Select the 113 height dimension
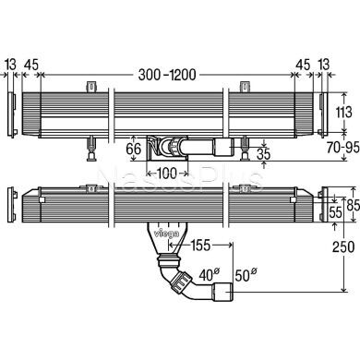click(x=342, y=112)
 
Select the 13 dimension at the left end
click(x=11, y=64)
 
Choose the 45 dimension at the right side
click(x=303, y=64)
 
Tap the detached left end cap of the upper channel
click(x=10, y=115)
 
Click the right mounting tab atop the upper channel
click(x=246, y=88)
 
